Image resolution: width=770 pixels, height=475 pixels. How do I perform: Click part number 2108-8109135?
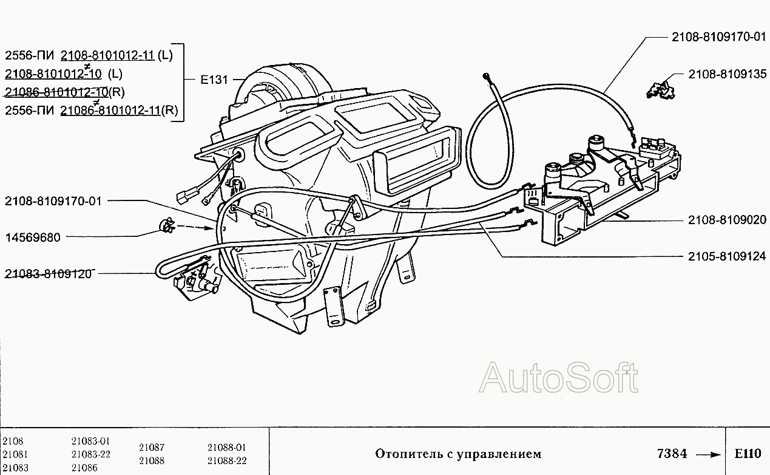(x=727, y=75)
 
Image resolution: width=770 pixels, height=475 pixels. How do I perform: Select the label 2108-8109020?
(x=727, y=220)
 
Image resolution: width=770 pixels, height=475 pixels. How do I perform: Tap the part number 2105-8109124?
(x=727, y=256)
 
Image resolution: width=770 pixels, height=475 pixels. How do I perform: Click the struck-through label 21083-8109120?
(x=48, y=273)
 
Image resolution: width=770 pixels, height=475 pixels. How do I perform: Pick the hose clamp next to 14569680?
(x=165, y=227)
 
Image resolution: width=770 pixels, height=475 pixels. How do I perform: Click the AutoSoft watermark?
(x=559, y=378)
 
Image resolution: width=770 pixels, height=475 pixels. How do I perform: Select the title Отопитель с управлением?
(x=458, y=454)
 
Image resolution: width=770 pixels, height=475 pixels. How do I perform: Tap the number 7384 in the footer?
(x=672, y=454)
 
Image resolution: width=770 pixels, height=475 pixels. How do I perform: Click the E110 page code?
(x=747, y=454)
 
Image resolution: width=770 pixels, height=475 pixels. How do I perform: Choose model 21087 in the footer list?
(x=151, y=448)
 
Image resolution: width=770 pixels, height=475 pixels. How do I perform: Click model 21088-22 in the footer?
(x=226, y=461)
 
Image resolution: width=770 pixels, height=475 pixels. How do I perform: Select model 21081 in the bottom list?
(x=15, y=454)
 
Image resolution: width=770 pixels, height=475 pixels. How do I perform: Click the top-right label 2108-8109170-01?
(x=718, y=36)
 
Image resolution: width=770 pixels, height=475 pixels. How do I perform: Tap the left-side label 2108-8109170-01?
(x=53, y=200)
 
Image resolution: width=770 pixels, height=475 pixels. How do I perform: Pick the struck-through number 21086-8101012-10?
(x=56, y=92)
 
